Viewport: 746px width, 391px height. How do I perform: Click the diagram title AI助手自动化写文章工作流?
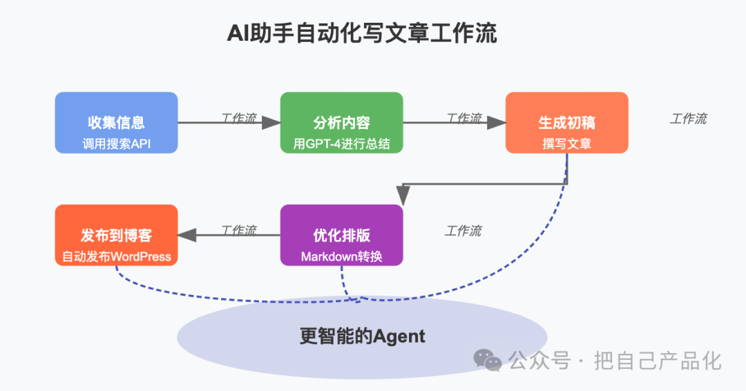click(362, 34)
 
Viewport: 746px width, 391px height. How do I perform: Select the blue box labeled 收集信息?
click(116, 123)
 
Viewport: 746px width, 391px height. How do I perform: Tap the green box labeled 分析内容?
click(341, 123)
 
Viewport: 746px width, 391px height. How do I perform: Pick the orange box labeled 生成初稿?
click(566, 123)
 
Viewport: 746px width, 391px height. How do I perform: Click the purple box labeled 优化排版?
click(341, 235)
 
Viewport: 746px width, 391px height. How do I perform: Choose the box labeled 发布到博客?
click(116, 235)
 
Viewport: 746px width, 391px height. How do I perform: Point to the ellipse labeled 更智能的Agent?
click(362, 337)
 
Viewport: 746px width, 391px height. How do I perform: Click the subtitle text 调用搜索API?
click(116, 143)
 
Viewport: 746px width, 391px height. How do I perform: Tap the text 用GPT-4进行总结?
click(341, 143)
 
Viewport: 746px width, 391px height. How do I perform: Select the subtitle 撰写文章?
click(566, 143)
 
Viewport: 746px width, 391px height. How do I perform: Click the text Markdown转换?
click(341, 257)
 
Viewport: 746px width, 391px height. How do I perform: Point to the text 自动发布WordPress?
click(116, 257)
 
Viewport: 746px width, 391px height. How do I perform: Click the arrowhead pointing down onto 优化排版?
click(402, 197)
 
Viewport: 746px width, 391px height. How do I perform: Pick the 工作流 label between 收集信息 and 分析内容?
click(238, 119)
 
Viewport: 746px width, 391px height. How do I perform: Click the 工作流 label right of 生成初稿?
click(688, 119)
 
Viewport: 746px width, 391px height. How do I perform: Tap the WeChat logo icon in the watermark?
click(488, 360)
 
